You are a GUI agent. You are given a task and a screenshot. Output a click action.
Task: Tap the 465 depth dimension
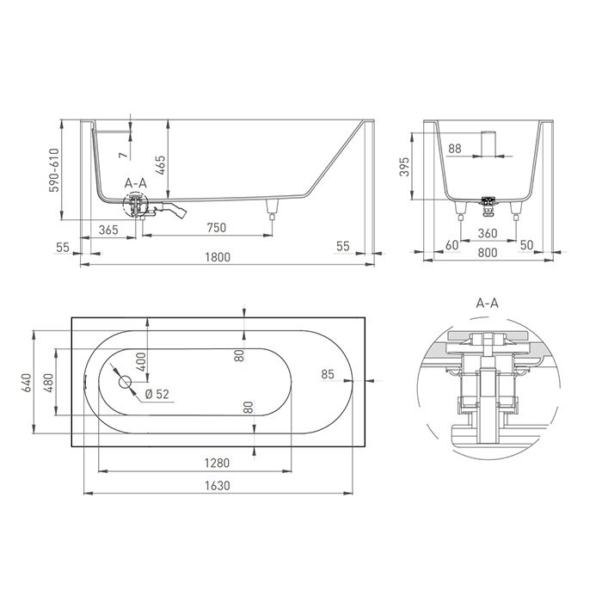(x=161, y=163)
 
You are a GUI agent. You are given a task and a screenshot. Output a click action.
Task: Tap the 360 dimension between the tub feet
(x=488, y=232)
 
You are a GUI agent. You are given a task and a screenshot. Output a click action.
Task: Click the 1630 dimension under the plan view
(x=218, y=486)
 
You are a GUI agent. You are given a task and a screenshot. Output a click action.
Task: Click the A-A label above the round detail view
(x=488, y=304)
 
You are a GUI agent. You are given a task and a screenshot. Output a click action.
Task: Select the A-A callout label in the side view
(x=136, y=183)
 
